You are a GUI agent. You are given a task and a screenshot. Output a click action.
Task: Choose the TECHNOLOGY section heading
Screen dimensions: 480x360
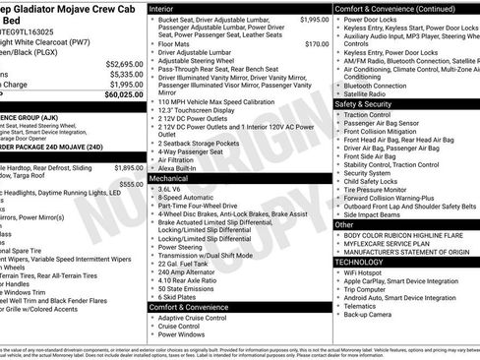coord(365,263)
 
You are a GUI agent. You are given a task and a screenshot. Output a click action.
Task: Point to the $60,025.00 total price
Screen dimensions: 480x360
coord(125,95)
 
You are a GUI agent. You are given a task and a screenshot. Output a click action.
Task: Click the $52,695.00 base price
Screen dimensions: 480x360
coord(125,62)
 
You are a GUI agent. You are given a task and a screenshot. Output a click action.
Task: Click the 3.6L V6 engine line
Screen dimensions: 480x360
coord(175,189)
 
